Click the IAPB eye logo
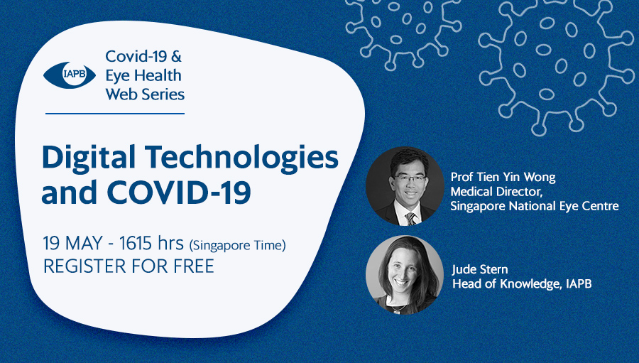[x=70, y=75]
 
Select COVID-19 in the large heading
[x=179, y=192]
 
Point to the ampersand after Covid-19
[x=176, y=56]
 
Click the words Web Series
[x=145, y=94]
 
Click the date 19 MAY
[x=72, y=244]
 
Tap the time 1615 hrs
[x=152, y=244]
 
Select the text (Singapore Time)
[x=237, y=245]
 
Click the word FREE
[x=194, y=266]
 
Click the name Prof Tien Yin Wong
[x=503, y=177]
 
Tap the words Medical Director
[x=496, y=191]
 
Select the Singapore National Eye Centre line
[x=534, y=206]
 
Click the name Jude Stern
[x=480, y=269]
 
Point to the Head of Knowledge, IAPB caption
[x=522, y=283]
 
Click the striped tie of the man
[x=411, y=218]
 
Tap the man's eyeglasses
[x=409, y=178]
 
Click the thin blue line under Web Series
[x=115, y=114]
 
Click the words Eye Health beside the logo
[x=143, y=76]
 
